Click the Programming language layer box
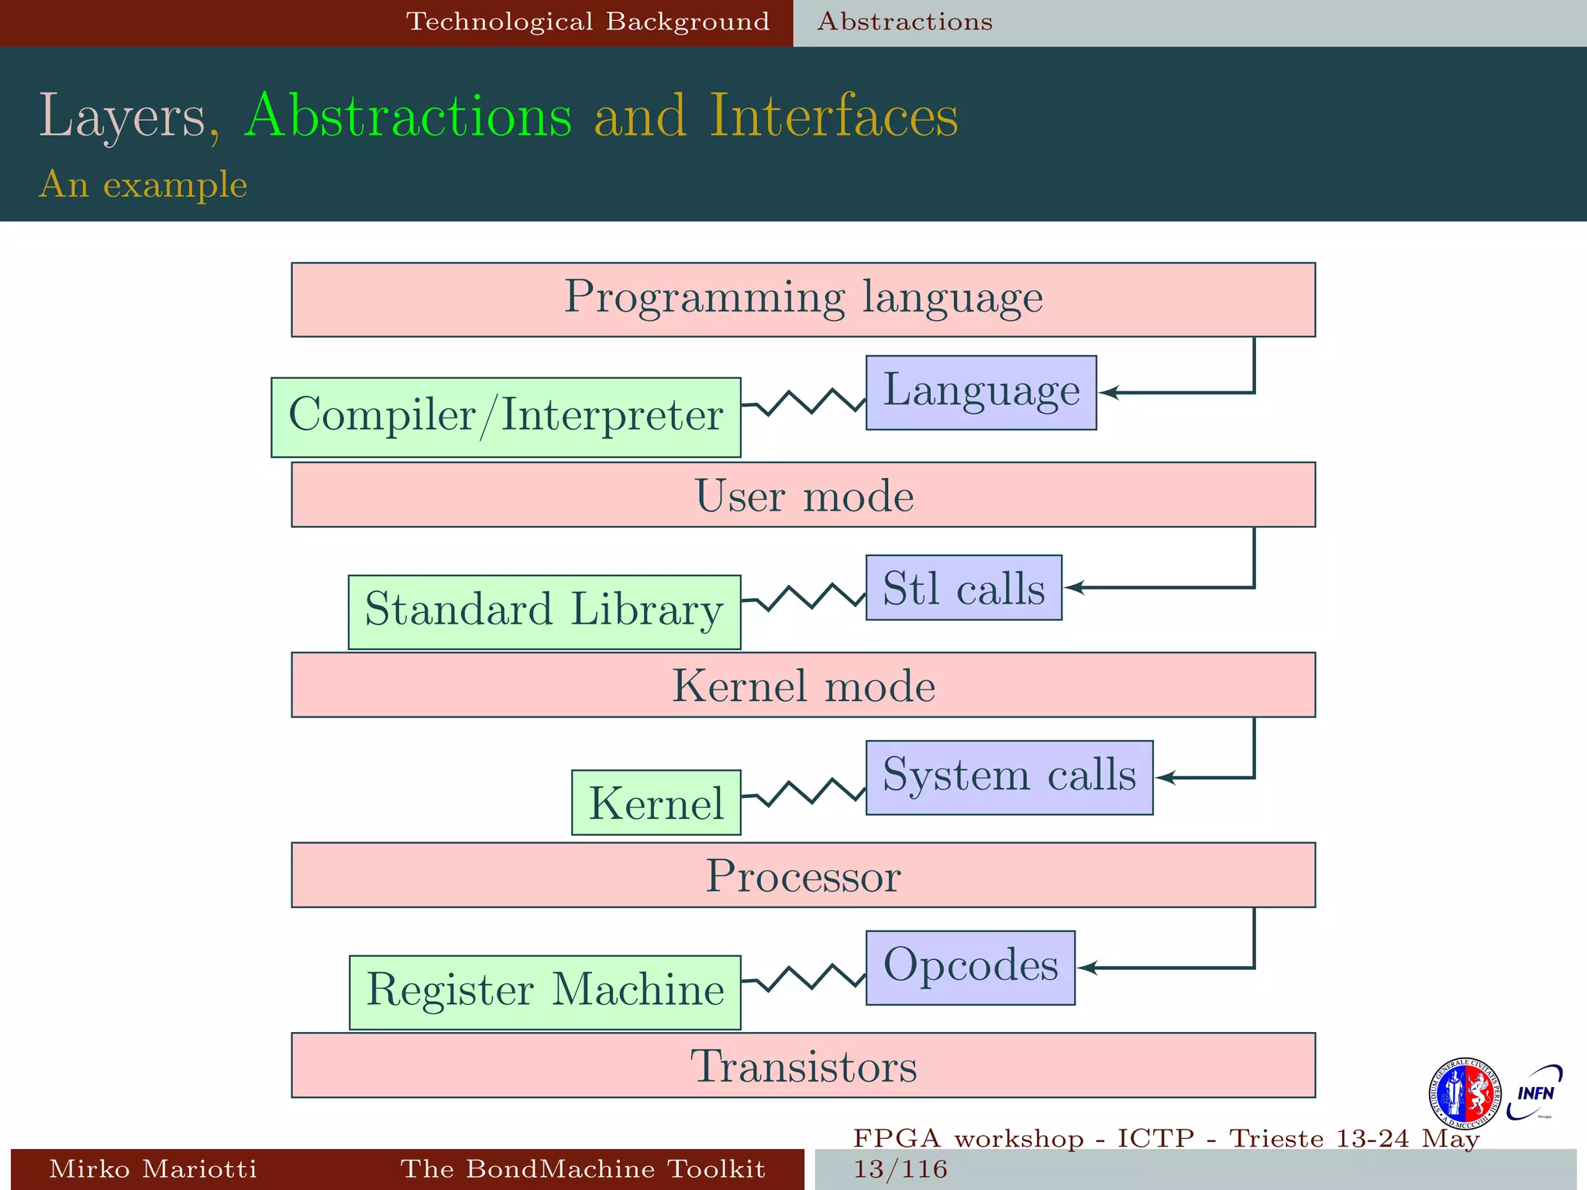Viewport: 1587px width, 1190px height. (x=803, y=299)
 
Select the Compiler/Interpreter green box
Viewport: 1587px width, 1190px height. (x=505, y=417)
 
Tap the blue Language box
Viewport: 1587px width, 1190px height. (x=980, y=392)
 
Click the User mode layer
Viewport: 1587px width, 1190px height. (x=803, y=494)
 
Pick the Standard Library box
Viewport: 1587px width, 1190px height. (x=544, y=611)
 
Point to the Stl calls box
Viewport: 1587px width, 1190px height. (x=963, y=587)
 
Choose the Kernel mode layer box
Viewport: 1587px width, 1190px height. (x=803, y=685)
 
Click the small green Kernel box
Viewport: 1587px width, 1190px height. (x=656, y=802)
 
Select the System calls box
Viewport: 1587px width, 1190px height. (x=1009, y=777)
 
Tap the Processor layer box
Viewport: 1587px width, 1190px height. (x=803, y=875)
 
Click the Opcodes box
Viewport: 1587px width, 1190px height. (x=970, y=967)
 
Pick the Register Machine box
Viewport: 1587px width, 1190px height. (x=545, y=992)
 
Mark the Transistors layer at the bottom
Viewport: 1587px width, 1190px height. (x=803, y=1065)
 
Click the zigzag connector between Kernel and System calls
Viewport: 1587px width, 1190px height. (x=804, y=792)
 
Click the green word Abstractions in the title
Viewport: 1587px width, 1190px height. (x=408, y=116)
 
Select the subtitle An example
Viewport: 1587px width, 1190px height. (x=143, y=184)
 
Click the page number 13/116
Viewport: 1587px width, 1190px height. (x=900, y=1169)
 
